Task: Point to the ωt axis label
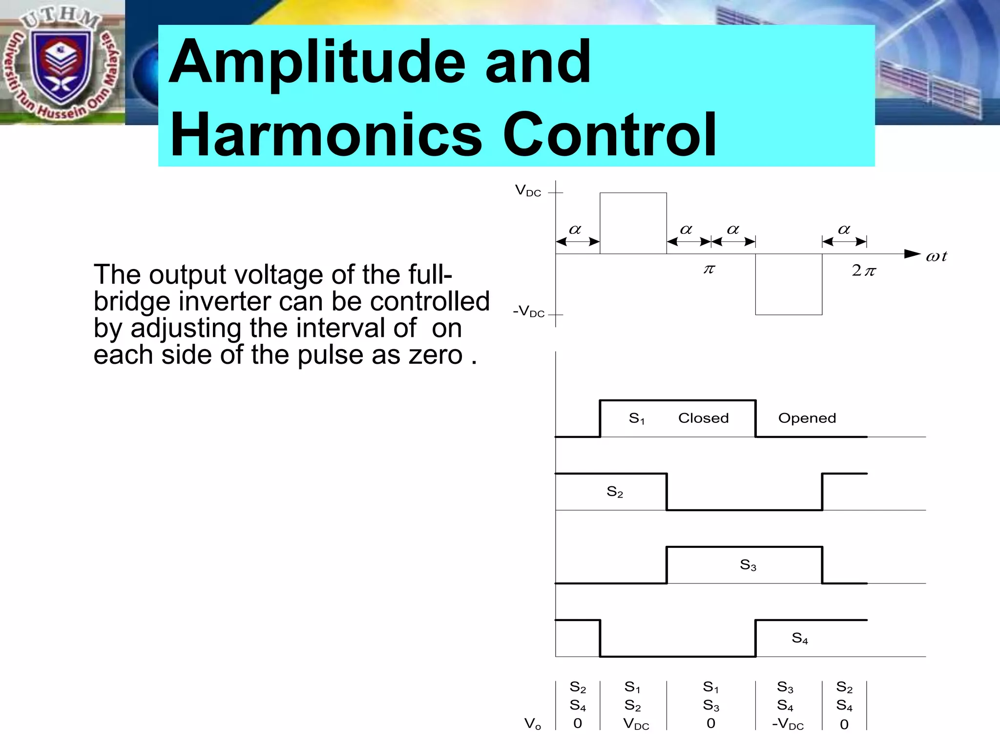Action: [936, 256]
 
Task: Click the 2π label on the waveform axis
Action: [863, 271]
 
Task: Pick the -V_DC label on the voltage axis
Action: [529, 312]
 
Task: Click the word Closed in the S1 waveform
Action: [703, 418]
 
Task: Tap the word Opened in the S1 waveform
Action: [807, 418]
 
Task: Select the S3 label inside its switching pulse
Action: [748, 565]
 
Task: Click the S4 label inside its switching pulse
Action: [799, 638]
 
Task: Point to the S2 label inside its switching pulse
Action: [615, 492]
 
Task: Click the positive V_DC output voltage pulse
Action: [633, 223]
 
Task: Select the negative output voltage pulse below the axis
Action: [789, 284]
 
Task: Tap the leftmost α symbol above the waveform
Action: [575, 229]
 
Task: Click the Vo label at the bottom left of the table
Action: [532, 724]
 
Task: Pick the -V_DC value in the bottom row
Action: [788, 724]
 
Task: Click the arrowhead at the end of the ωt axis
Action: [912, 253]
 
